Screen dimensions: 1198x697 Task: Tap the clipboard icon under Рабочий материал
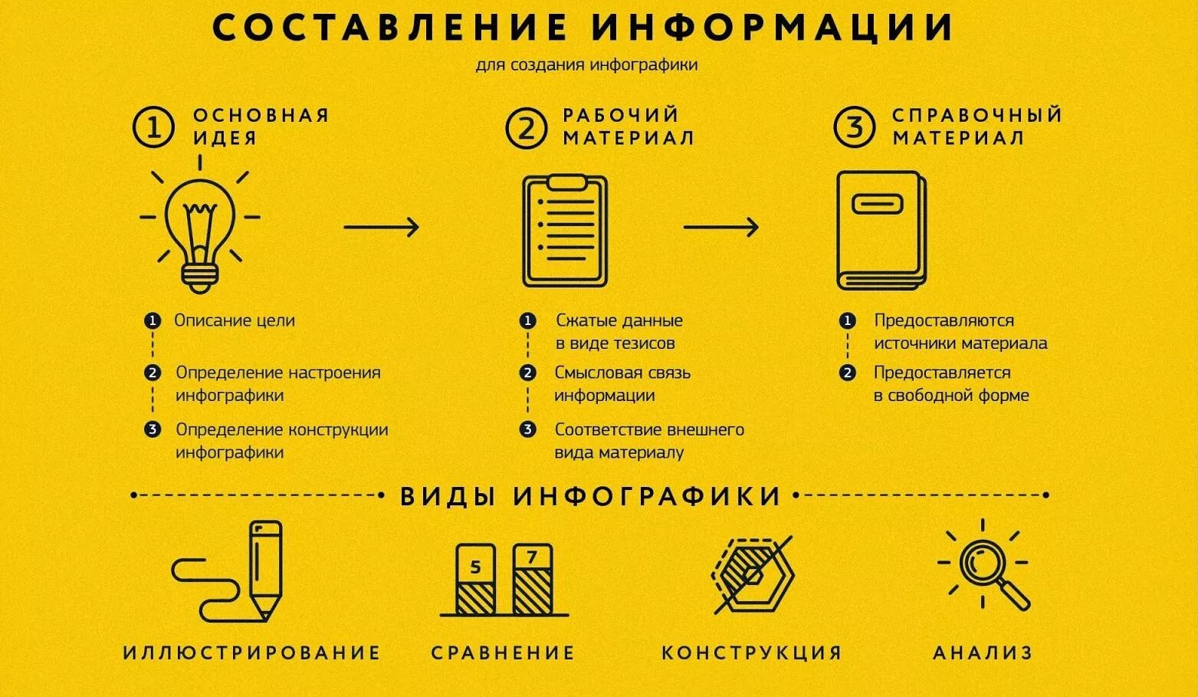pyautogui.click(x=565, y=231)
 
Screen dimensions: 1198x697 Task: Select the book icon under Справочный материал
pyautogui.click(x=880, y=230)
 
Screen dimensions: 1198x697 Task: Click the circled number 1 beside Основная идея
pyautogui.click(x=153, y=127)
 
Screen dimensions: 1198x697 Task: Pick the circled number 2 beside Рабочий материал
pyautogui.click(x=526, y=127)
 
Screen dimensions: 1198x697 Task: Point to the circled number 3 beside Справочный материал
pyautogui.click(x=854, y=127)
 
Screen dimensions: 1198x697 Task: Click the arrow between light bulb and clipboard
pyautogui.click(x=381, y=227)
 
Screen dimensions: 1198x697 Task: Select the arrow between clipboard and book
pyautogui.click(x=720, y=227)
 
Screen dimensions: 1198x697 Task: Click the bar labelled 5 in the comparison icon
pyautogui.click(x=475, y=580)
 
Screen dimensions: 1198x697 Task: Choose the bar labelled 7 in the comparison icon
pyautogui.click(x=532, y=578)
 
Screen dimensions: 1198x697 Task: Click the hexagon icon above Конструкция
pyautogui.click(x=753, y=574)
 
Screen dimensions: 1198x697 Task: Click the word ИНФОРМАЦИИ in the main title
pyautogui.click(x=773, y=28)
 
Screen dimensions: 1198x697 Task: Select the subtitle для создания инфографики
pyautogui.click(x=586, y=64)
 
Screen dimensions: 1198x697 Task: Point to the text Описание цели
pyautogui.click(x=234, y=321)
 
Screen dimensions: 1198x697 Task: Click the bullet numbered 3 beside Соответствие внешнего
pyautogui.click(x=527, y=429)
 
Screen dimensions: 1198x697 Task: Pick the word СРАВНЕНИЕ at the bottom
pyautogui.click(x=503, y=653)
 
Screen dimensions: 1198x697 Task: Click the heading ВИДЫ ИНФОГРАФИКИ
pyautogui.click(x=590, y=496)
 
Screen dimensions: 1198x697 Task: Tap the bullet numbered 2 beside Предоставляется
pyautogui.click(x=847, y=373)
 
